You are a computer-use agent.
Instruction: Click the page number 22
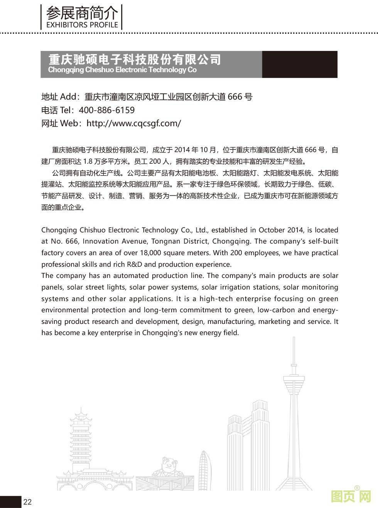(27, 502)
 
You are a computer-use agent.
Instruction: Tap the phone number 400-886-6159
(106, 110)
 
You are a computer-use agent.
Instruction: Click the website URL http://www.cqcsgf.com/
(134, 124)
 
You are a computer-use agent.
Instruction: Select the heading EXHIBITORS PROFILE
(82, 25)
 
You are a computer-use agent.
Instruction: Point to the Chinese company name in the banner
(135, 59)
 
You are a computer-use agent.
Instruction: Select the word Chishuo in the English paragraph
(92, 230)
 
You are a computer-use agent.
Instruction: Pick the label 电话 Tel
(57, 110)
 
